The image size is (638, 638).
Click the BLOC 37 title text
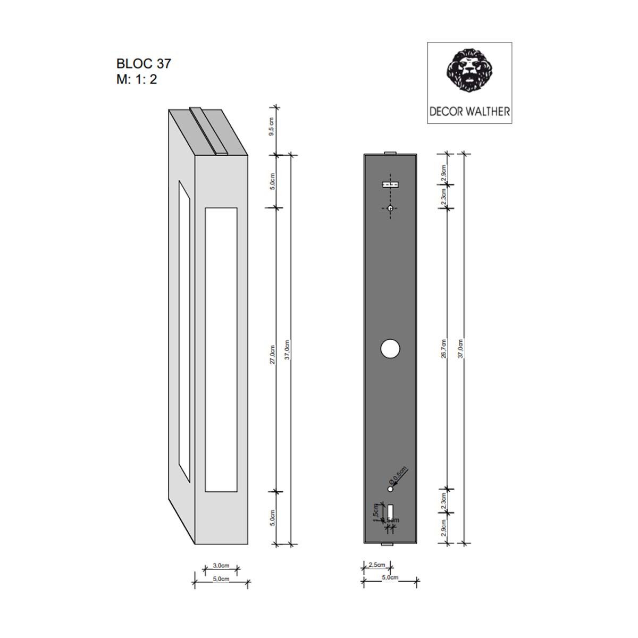coord(144,63)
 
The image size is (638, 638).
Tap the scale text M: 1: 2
coord(137,80)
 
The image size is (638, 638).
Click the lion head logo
coord(469,70)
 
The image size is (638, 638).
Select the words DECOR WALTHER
coord(469,112)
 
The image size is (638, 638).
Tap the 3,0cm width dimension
coord(221,565)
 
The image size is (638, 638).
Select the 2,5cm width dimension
coord(376,565)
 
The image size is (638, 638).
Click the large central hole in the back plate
coord(390,349)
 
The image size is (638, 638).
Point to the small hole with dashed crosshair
coord(390,209)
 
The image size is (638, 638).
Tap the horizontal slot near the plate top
coord(390,184)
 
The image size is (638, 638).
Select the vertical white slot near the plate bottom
coord(390,511)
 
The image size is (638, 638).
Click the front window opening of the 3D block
coord(221,349)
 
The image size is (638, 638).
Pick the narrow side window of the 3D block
coord(184,331)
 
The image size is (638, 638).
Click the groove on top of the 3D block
coord(207,131)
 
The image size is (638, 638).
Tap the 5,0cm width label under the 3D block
coord(221,579)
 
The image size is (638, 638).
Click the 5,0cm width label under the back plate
coord(390,577)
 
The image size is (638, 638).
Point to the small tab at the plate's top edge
coord(390,153)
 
